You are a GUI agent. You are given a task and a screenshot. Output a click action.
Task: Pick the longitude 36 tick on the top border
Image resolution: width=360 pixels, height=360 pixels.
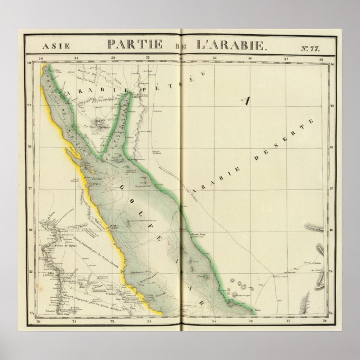click(250, 58)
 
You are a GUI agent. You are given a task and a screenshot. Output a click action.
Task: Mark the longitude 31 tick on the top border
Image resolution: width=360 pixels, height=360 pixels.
click(76, 58)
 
